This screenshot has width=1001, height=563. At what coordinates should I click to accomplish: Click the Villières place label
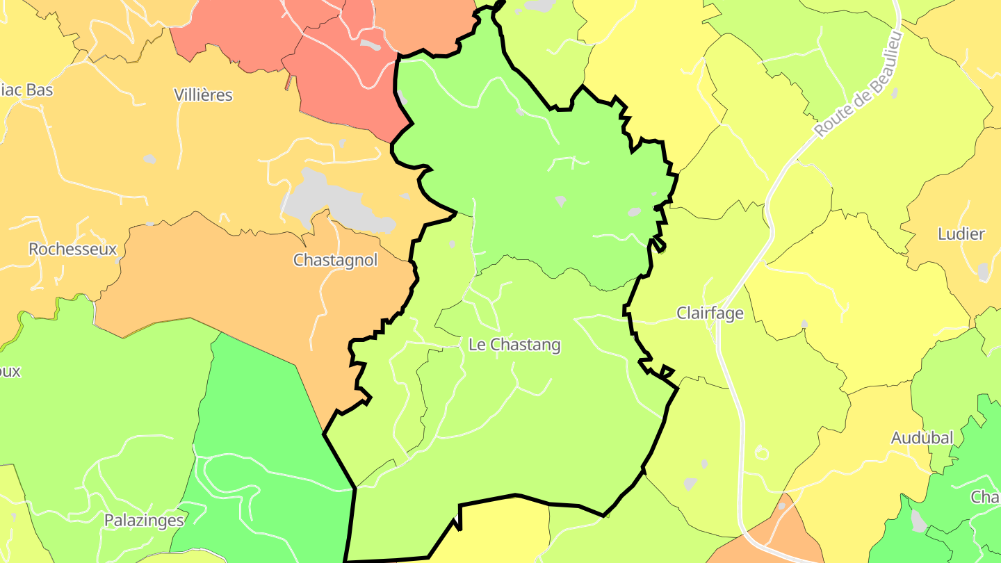pyautogui.click(x=203, y=95)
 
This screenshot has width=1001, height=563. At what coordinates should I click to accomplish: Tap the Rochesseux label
pyautogui.click(x=72, y=249)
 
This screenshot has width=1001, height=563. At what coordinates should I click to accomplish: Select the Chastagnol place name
pyautogui.click(x=335, y=260)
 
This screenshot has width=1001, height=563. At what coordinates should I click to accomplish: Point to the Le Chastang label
pyautogui.click(x=514, y=345)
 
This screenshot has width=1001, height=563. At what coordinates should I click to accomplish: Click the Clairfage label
pyautogui.click(x=710, y=313)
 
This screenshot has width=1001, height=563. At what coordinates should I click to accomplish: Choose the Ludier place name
pyautogui.click(x=961, y=234)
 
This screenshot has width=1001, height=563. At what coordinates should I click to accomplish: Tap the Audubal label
pyautogui.click(x=922, y=438)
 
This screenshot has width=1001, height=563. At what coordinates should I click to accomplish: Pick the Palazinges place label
pyautogui.click(x=144, y=520)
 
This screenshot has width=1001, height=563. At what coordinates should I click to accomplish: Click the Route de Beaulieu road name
pyautogui.click(x=858, y=85)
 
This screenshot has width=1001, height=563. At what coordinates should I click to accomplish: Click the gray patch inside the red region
pyautogui.click(x=370, y=45)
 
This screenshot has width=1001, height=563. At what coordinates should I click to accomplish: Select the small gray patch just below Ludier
pyautogui.click(x=983, y=272)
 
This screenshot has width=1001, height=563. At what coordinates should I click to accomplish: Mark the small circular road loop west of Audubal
pyautogui.click(x=761, y=453)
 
